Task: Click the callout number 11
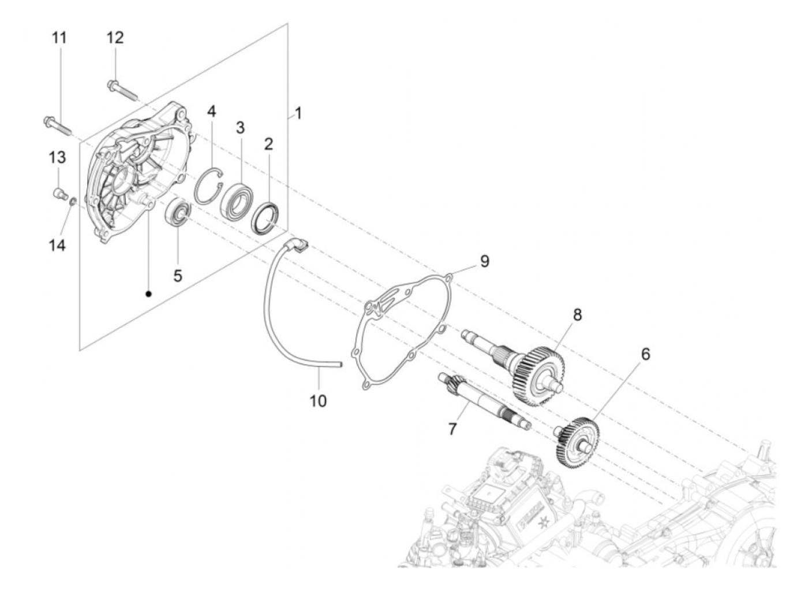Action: click(x=59, y=38)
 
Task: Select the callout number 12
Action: click(x=115, y=38)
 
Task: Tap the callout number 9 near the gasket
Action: click(x=484, y=261)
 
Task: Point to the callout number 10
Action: click(x=318, y=400)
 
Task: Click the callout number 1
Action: click(x=298, y=113)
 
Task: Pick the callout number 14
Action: click(x=57, y=245)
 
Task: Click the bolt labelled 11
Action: click(x=55, y=125)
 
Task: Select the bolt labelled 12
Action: click(x=122, y=89)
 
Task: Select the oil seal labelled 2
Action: click(x=266, y=218)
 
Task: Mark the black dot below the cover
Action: click(x=148, y=294)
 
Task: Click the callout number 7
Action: click(x=452, y=429)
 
